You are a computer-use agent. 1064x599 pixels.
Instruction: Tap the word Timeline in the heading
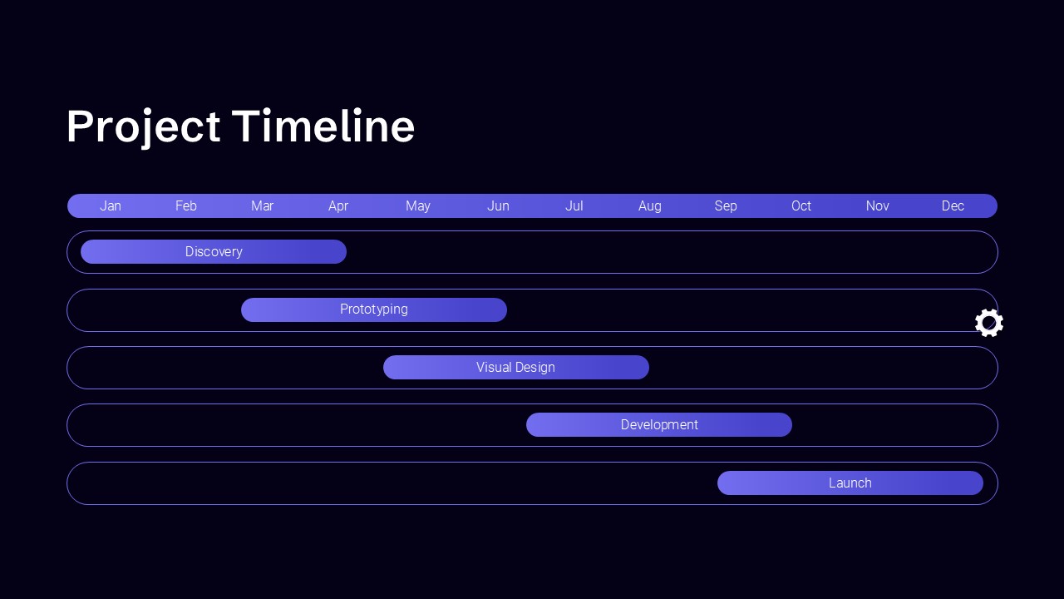(x=323, y=126)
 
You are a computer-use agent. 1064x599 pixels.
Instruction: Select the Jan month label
(x=111, y=205)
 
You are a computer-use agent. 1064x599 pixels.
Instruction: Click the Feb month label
(x=185, y=205)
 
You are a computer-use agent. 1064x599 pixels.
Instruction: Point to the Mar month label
(x=262, y=205)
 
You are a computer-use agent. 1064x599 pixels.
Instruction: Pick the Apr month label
(x=338, y=206)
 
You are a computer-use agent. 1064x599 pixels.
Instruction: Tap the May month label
(x=418, y=206)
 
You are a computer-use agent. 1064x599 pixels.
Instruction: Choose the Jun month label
(x=498, y=205)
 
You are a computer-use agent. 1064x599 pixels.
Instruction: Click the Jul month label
(x=574, y=205)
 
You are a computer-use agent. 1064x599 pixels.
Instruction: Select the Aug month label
(x=650, y=206)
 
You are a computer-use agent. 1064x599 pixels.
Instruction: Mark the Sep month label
(x=726, y=206)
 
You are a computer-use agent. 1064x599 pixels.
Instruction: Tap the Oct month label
(x=801, y=205)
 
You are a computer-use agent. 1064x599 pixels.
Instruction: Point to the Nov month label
(x=877, y=205)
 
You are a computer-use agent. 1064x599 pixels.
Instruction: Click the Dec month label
(x=953, y=205)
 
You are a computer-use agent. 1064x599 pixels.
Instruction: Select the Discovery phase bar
(x=214, y=251)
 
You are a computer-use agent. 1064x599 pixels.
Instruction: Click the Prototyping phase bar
(x=374, y=310)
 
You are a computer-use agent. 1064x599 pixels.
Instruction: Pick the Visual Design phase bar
(x=516, y=368)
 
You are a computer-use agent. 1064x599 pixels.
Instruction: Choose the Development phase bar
(x=659, y=424)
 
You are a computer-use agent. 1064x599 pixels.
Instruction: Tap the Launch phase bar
(x=850, y=483)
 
